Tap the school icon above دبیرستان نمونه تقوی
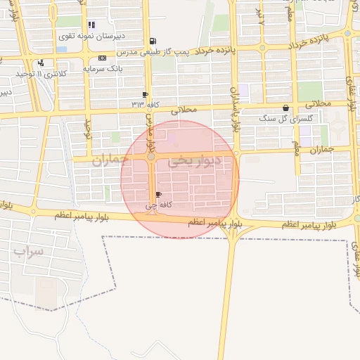click(x=92, y=25)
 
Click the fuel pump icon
click(x=153, y=41)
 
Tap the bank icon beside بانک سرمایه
click(x=103, y=58)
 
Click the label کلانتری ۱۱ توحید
click(x=42, y=73)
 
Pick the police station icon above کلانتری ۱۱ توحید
click(x=41, y=63)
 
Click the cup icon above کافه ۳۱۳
click(x=146, y=94)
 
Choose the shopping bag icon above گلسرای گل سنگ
click(x=285, y=108)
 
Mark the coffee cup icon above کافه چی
click(x=158, y=195)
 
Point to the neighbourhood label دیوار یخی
click(x=194, y=162)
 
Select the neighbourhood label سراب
click(x=28, y=250)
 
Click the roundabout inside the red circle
click(x=151, y=157)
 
